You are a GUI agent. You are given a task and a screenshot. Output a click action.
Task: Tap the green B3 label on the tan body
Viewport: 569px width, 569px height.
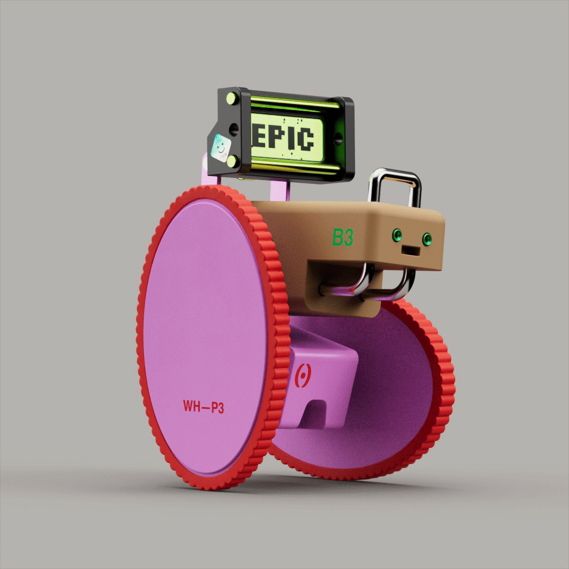343,237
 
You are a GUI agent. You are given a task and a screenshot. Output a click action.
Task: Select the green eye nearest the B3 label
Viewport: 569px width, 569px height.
397,235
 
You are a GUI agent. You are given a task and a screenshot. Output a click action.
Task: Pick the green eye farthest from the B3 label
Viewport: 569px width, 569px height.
427,239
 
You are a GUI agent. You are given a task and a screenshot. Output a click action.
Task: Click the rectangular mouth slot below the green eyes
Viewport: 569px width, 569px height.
411,251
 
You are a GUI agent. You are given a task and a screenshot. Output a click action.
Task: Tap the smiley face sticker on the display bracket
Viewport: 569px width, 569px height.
220,148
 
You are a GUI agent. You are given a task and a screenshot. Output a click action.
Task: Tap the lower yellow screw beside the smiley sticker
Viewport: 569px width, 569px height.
233,161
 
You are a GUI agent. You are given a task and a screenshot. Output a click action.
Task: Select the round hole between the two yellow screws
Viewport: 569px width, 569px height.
233,130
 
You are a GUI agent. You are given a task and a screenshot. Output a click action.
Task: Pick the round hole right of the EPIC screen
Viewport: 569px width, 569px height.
337,137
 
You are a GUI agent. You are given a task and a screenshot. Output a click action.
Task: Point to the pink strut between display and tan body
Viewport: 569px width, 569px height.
279,189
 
